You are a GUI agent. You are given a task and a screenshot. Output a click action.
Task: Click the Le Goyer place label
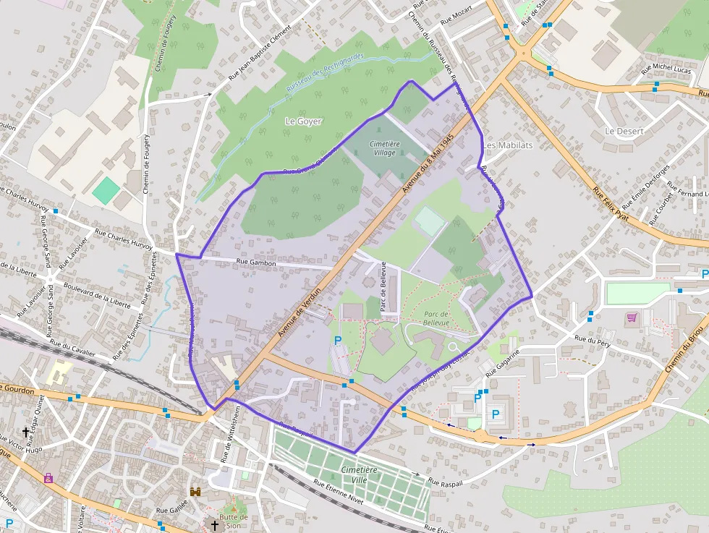[304, 121]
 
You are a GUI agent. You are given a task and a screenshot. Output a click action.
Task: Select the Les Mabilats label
[508, 145]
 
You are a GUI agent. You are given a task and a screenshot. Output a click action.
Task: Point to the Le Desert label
[624, 131]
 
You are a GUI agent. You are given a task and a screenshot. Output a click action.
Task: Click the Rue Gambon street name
[256, 263]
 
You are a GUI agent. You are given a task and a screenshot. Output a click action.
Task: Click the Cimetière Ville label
[360, 475]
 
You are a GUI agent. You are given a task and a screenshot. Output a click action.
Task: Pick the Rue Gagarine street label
[503, 363]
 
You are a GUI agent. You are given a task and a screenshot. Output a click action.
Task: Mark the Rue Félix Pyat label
[612, 207]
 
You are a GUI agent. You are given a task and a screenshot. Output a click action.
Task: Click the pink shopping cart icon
[632, 317]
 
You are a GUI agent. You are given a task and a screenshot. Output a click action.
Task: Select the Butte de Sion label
[234, 521]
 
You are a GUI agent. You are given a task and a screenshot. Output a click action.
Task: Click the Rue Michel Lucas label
[666, 69]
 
